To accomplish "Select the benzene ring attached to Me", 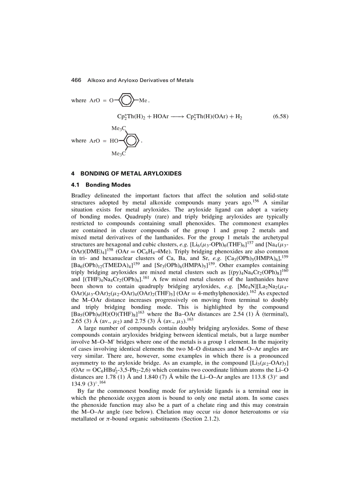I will [x=127, y=100].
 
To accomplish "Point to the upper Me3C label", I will [x=119, y=128].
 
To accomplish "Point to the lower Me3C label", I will [x=119, y=153].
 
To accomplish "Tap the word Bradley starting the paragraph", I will [x=81, y=195].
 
